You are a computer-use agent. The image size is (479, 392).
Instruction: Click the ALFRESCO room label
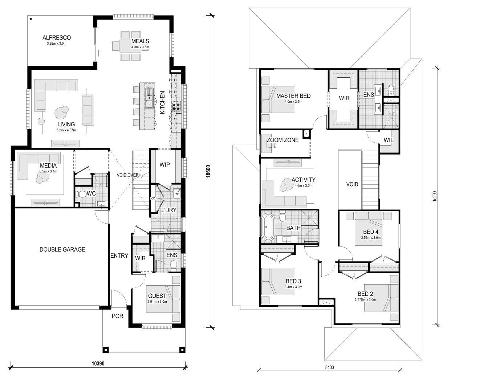click(x=56, y=37)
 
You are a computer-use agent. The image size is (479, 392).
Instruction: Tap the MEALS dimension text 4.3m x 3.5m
click(x=140, y=47)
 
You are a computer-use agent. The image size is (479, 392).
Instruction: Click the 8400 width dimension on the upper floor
click(x=329, y=367)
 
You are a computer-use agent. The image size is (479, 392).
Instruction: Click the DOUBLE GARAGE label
click(x=62, y=249)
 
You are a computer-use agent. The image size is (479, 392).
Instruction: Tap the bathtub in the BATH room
click(x=268, y=227)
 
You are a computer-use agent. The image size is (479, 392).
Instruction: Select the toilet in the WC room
click(x=81, y=195)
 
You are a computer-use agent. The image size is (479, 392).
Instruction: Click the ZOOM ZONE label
click(x=282, y=140)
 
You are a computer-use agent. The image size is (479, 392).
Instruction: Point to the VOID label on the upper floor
click(x=352, y=184)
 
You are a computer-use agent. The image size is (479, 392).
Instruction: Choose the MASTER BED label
click(x=293, y=96)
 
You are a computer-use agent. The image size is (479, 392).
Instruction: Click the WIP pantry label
click(x=165, y=165)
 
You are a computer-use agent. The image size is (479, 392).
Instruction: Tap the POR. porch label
click(x=118, y=316)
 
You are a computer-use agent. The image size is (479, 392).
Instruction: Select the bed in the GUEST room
click(x=163, y=299)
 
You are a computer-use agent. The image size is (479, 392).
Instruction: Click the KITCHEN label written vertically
click(x=162, y=103)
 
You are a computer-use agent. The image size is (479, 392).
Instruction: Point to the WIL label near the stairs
click(x=388, y=140)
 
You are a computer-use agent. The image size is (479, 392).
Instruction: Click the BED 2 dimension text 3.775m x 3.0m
click(x=365, y=300)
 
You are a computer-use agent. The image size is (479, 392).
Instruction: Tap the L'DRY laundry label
click(x=169, y=210)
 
